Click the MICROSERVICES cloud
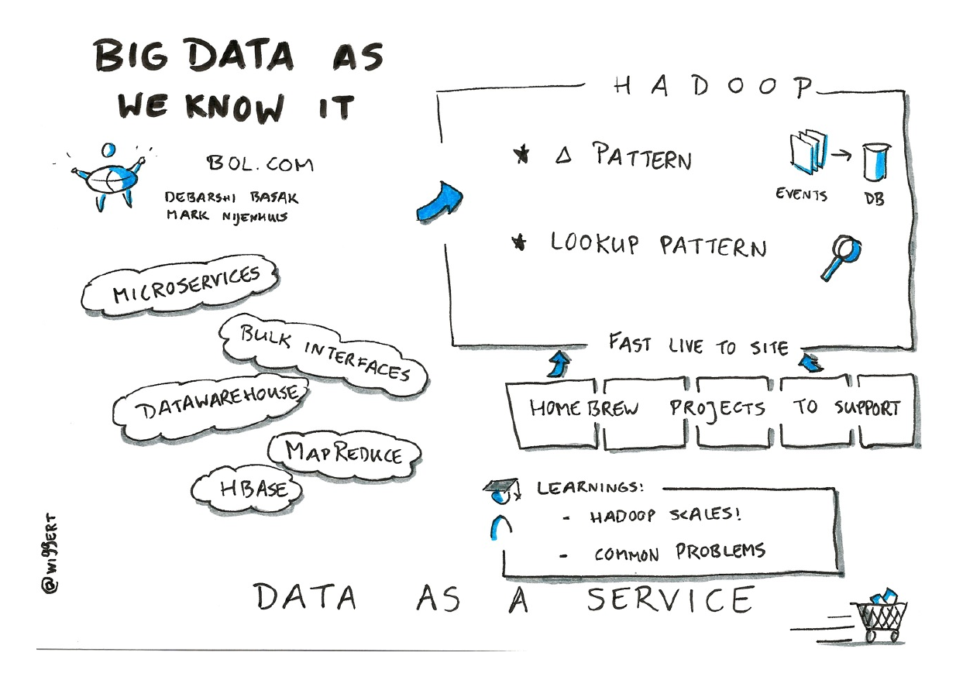click(x=180, y=287)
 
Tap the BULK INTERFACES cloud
click(x=323, y=352)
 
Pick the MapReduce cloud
click(x=343, y=452)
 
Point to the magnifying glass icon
click(x=841, y=259)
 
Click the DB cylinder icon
click(x=876, y=164)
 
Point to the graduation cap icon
click(x=499, y=488)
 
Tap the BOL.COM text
click(x=260, y=163)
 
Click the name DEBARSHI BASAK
click(x=231, y=197)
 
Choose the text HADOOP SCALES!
click(x=666, y=516)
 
